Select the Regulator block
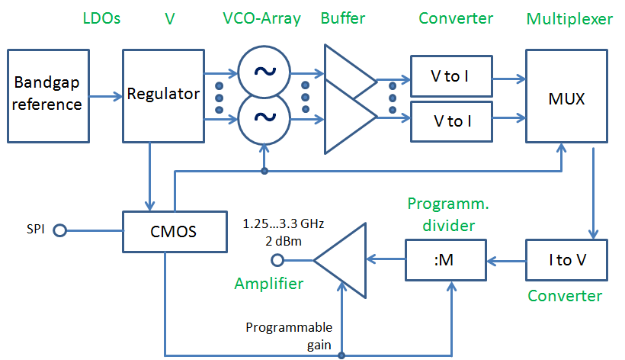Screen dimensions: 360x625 (x=163, y=95)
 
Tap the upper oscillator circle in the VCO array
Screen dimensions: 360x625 (x=264, y=72)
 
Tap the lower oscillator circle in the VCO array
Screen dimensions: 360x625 (x=264, y=118)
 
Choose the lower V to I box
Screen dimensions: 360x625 (x=451, y=121)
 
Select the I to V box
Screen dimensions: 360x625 (x=566, y=260)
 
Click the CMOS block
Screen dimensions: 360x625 (x=175, y=230)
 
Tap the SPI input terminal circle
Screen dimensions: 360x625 (x=57, y=230)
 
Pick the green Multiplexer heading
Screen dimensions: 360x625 (x=569, y=18)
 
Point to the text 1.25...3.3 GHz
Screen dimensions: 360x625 (x=283, y=224)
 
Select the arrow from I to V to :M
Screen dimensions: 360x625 (x=505, y=260)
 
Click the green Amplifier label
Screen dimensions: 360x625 (x=268, y=284)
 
